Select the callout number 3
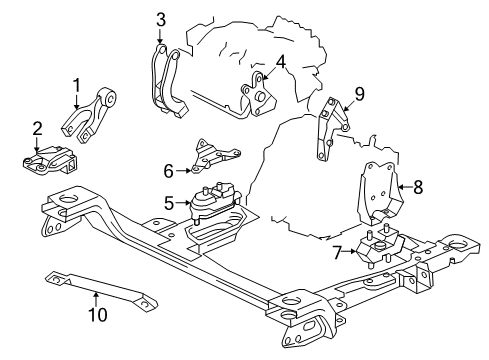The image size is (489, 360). point(160,20)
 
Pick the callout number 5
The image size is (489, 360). point(170,203)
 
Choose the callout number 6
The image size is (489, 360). point(168,171)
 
